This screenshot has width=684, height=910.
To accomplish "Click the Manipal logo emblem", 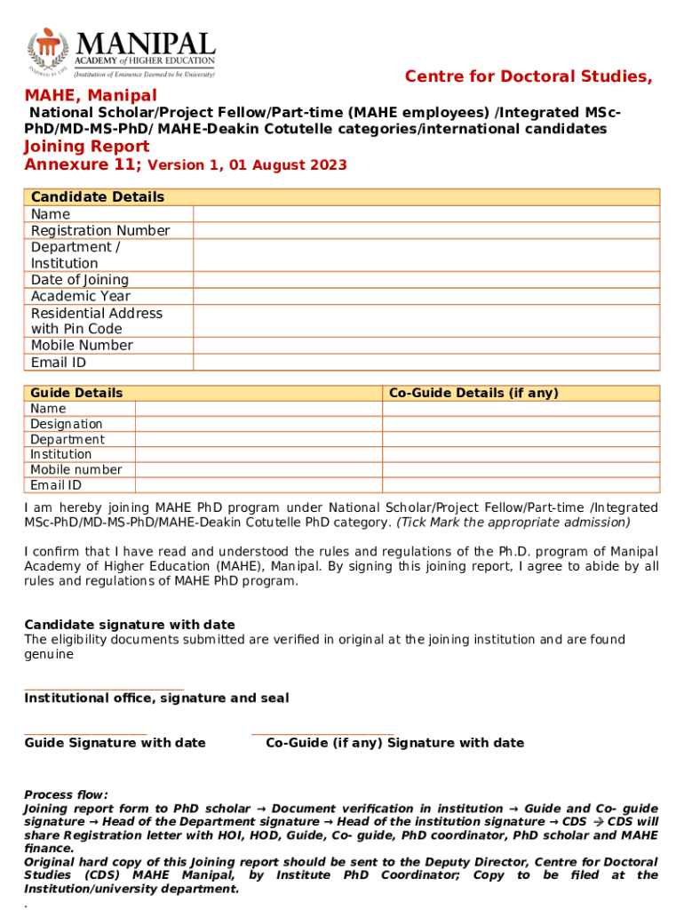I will click(47, 53).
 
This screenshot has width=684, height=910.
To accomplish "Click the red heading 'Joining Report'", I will click(87, 147).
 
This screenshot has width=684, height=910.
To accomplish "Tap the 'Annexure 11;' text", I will click(83, 165).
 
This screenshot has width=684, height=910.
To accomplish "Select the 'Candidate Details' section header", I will click(98, 197).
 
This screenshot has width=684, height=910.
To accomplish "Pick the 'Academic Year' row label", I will click(81, 297).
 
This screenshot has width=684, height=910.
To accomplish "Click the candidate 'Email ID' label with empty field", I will click(59, 363).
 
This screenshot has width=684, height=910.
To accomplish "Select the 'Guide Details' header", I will click(77, 393).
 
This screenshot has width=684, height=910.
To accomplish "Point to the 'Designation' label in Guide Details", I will click(67, 425).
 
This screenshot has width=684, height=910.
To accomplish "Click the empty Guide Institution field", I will click(258, 455).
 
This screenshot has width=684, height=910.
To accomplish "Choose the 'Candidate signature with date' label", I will click(130, 625).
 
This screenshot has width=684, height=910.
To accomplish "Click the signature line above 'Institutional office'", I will click(104, 689).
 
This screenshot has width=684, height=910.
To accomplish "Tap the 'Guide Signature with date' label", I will click(115, 743).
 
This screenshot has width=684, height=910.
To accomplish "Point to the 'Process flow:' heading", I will click(66, 794).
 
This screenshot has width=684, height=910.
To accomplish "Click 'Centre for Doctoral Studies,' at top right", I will click(529, 77).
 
